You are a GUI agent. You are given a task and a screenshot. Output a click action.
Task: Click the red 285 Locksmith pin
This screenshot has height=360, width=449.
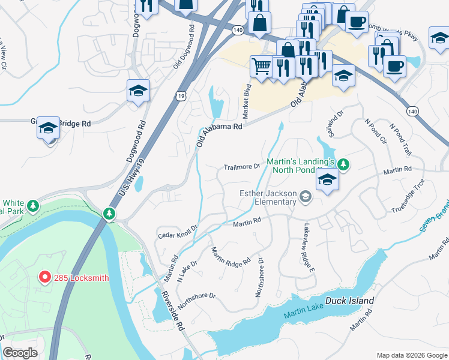pos(44,277)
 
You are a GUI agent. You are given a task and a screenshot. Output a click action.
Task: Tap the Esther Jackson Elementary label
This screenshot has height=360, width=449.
pos(268,197)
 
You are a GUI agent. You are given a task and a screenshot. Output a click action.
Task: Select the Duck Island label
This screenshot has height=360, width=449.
pos(349,301)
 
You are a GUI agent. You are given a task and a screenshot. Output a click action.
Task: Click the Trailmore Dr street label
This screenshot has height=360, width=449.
pos(241,167)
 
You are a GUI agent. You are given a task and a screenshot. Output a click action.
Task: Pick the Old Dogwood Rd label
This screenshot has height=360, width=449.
pos(184,46)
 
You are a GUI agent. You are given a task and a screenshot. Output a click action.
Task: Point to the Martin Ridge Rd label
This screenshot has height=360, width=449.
pos(231,256)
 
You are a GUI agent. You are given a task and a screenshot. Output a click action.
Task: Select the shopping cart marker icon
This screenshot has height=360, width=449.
pos(261,65)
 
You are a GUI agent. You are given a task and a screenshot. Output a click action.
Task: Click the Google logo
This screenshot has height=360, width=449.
pos(20,353)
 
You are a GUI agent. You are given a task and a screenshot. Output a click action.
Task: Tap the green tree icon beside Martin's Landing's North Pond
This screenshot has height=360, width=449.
pos(343,164)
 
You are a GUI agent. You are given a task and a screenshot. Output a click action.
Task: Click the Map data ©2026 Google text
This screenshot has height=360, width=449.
pos(411,355)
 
